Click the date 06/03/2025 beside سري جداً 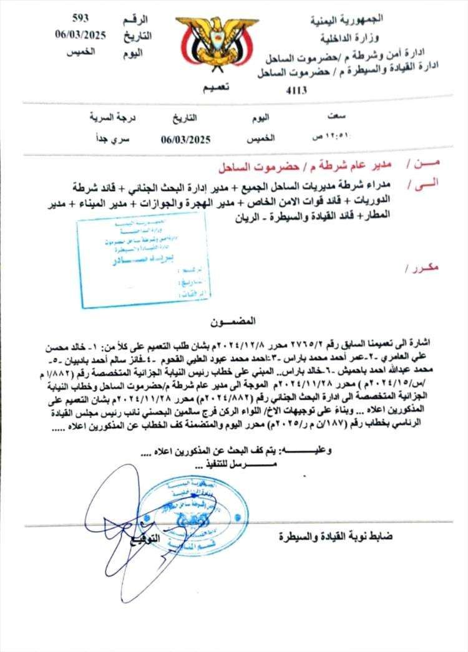tap(185, 140)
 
